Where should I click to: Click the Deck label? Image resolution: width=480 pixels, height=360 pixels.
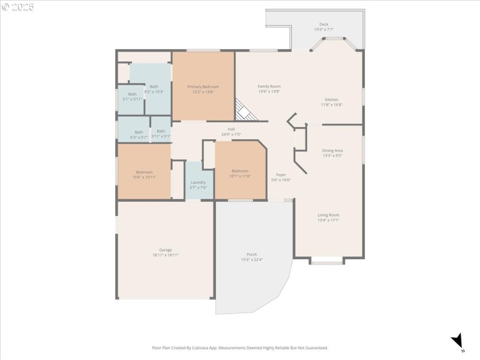coord(323,25)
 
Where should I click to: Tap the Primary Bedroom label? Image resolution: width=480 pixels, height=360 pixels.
coord(203,87)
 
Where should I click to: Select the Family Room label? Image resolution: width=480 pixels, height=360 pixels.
coord(269,86)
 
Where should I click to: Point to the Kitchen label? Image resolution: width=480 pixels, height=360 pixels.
coord(331,100)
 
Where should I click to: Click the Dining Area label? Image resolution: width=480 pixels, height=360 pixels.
coord(332,151)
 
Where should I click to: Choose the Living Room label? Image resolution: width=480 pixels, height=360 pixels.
coord(328,215)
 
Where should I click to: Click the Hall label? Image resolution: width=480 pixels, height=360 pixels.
coord(231,129)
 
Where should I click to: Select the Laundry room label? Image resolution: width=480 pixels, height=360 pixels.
coord(198,182)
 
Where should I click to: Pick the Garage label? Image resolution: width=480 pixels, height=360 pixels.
coord(166,250)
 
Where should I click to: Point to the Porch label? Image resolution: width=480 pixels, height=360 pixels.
coord(252,254)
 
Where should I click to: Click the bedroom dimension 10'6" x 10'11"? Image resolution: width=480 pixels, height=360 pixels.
coord(144,177)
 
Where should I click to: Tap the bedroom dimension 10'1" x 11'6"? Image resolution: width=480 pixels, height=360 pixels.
coord(240,176)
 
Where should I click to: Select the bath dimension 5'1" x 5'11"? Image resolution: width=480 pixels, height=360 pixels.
coord(132,99)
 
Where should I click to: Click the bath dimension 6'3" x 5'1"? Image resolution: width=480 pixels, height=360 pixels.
coord(139,137)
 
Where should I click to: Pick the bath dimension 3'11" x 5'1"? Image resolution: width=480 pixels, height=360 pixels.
coord(161,136)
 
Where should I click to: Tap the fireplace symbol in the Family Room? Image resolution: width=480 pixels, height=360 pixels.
coord(243,110)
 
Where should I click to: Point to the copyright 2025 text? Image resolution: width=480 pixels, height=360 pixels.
coord(18,7)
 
